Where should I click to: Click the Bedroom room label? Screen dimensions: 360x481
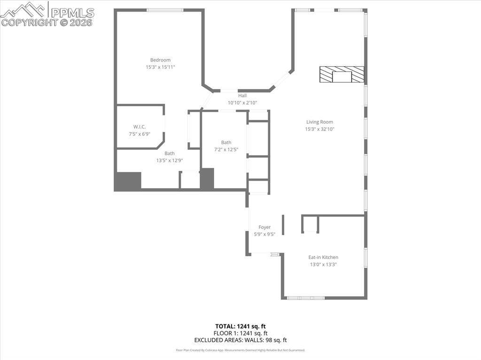click(160, 60)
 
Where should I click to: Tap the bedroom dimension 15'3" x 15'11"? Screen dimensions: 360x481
click(160, 67)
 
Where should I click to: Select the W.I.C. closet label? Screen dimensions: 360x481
click(140, 127)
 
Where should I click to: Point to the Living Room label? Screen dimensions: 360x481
click(319, 122)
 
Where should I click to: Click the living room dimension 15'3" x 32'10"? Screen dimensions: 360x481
click(319, 129)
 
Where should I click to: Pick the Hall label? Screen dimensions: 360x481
click(242, 96)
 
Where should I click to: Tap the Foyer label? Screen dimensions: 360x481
click(264, 227)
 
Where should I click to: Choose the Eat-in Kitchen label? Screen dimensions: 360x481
click(323, 257)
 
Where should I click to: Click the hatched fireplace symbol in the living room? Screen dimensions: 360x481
click(341, 75)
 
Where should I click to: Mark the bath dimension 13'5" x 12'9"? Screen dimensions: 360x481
click(170, 161)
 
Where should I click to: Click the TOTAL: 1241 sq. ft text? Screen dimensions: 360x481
click(240, 326)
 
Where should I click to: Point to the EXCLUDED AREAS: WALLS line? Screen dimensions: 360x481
click(240, 340)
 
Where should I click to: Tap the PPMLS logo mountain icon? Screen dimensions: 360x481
click(23, 9)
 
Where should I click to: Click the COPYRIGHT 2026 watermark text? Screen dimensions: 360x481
click(47, 22)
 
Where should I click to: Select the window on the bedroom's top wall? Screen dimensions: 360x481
click(165, 10)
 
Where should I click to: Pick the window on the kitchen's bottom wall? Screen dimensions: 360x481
click(306, 298)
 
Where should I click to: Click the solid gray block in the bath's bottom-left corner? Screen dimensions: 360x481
click(128, 181)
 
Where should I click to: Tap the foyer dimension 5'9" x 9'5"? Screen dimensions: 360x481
click(264, 234)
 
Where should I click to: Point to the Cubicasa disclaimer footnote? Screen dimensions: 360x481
click(240, 350)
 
